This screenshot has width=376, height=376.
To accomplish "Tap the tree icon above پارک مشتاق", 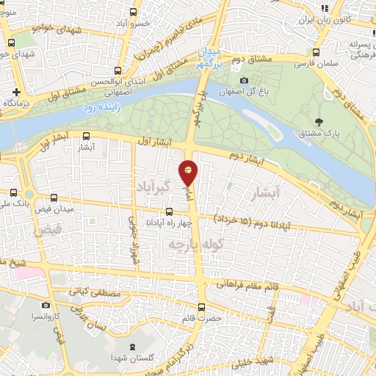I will (x=318, y=121).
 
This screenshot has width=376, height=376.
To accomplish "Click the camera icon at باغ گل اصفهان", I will (x=245, y=82).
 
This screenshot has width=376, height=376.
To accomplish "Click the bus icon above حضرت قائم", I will (x=202, y=307).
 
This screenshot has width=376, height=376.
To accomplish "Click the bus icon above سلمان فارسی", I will (x=316, y=53).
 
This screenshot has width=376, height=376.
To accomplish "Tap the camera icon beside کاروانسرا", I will (x=46, y=305).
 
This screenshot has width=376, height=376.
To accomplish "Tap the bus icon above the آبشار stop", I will (x=86, y=136).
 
